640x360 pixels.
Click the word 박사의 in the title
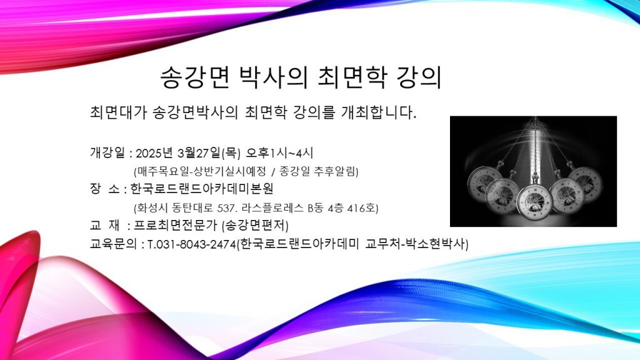[272, 77]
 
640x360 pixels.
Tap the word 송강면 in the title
[194, 77]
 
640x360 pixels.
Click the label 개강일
[107, 153]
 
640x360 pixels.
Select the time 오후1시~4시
[279, 153]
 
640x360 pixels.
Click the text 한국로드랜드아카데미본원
[202, 189]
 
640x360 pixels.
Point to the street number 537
[226, 208]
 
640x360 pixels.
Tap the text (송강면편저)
[255, 225]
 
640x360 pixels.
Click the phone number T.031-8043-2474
[191, 244]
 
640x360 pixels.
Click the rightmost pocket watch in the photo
[586, 184]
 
